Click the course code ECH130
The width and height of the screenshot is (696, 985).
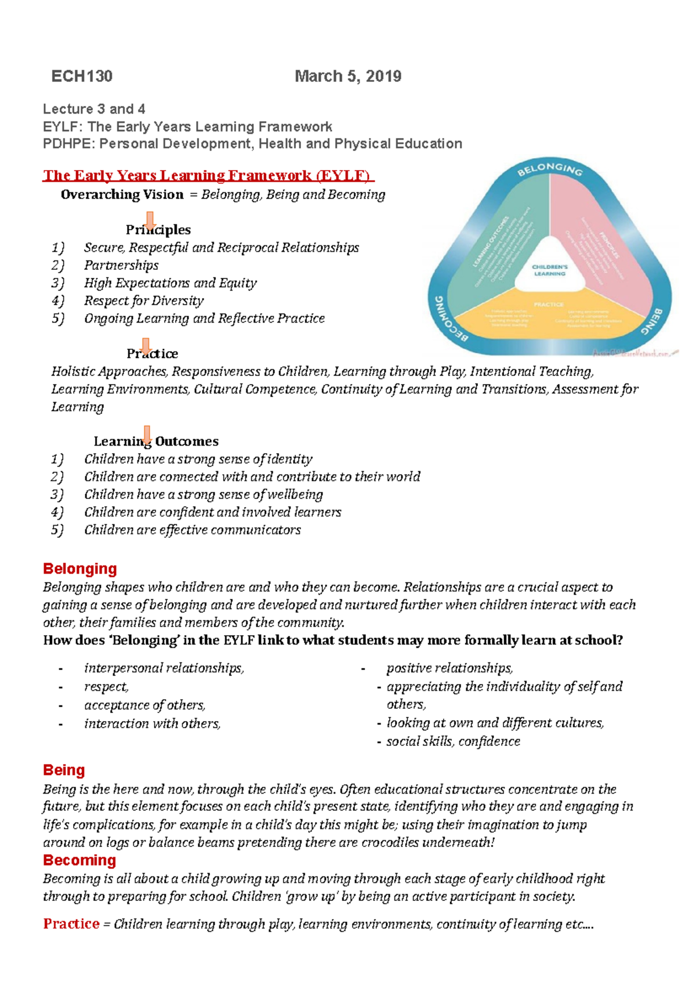pos(82,76)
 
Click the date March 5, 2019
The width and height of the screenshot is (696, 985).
pos(348,76)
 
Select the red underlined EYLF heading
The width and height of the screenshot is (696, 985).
pos(208,175)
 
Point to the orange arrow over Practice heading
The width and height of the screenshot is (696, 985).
pos(146,346)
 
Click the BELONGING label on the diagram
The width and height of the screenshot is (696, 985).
pos(550,169)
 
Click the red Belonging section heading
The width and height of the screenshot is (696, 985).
pos(80,568)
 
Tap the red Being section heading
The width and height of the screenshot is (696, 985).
pos(64,770)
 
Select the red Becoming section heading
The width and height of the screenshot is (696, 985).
pos(79,860)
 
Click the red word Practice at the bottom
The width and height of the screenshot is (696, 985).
pos(71,924)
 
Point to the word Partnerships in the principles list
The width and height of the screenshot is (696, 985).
pos(121,266)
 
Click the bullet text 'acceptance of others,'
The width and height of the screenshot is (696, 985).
pos(145,705)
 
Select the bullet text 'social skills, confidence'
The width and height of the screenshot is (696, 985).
pos(453,741)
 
